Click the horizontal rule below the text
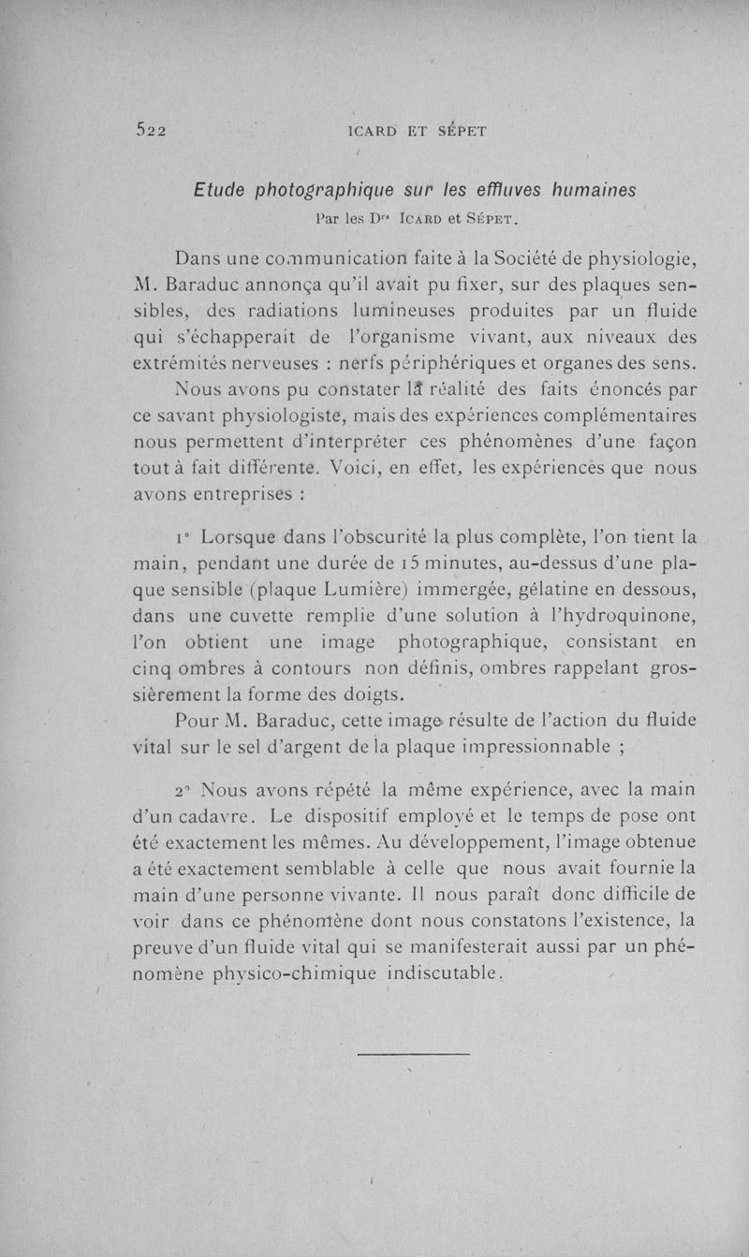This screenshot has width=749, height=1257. tap(414, 1056)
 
